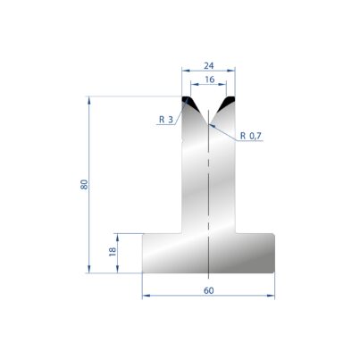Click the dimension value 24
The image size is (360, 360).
(209, 66)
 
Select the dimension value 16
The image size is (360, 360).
(210, 80)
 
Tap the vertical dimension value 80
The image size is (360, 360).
(84, 185)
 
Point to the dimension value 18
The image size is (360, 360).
(113, 252)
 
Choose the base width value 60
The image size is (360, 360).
(209, 290)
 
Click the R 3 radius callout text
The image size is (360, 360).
(166, 120)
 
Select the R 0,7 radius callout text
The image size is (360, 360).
(250, 136)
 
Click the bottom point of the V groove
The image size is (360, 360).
(208, 124)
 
